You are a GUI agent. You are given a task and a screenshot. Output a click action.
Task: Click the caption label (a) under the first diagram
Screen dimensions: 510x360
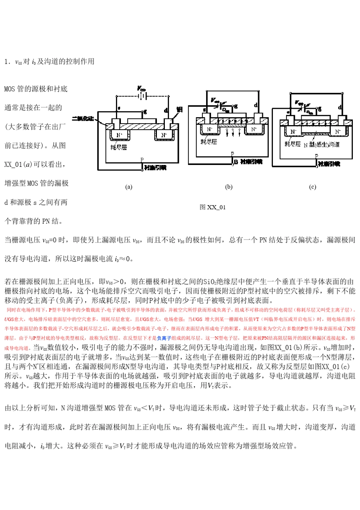pos(129,187)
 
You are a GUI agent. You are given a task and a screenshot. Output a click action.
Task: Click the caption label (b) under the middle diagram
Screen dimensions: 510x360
pos(229,187)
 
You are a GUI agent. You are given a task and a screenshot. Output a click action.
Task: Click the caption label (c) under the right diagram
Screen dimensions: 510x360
pos(312,187)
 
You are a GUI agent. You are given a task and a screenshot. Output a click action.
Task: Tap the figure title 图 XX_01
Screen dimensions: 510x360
pos(213,207)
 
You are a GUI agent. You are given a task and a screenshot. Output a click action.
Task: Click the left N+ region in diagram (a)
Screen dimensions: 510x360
pos(119,135)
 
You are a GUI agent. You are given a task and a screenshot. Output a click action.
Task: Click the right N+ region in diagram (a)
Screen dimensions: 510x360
pos(164,135)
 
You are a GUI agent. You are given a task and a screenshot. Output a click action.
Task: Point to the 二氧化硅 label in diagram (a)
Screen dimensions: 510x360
pos(83,119)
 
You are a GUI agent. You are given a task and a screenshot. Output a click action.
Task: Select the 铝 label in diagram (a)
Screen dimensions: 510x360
pos(180,109)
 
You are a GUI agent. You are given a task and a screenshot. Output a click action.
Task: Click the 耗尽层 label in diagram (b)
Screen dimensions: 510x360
pos(209,141)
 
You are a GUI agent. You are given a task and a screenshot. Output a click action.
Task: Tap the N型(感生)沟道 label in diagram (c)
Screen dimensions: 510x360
pos(322,144)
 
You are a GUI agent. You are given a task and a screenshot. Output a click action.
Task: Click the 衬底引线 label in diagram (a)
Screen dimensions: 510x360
pos(155,167)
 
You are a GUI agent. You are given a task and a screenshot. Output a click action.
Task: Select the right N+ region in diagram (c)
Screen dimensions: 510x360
pos(338,132)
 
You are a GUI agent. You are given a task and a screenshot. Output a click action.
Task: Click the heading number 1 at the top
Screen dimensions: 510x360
pos(6,62)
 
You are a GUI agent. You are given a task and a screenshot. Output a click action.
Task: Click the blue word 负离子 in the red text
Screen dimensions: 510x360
pos(164,338)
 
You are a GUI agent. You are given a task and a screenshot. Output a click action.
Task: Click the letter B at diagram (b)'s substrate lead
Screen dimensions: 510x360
pos(236,162)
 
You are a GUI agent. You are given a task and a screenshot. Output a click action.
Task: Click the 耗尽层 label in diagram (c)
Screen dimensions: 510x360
pos(293,144)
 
